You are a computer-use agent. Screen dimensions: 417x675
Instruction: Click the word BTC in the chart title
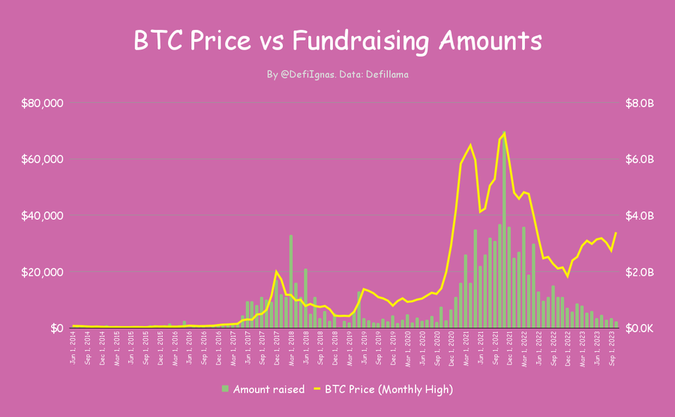click(155, 40)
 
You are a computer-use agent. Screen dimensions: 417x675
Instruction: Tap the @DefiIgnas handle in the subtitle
click(312, 74)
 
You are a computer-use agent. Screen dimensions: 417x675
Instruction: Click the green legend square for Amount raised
click(225, 388)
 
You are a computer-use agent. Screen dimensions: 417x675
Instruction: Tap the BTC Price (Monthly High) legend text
click(389, 388)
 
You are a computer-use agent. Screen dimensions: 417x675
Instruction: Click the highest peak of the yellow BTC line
click(505, 133)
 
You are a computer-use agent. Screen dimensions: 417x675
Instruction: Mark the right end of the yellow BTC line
click(616, 232)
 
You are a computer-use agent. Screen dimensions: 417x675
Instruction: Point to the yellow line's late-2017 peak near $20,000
click(276, 271)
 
